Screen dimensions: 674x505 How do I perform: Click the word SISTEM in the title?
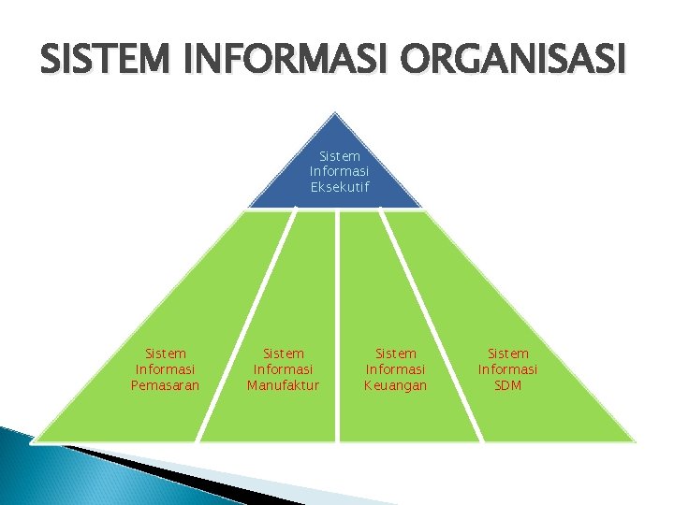coord(98,63)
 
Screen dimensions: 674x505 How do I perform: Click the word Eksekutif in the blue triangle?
coord(339,187)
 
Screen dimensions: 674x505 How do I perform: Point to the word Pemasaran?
coord(166,385)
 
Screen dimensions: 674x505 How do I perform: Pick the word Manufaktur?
coord(284,385)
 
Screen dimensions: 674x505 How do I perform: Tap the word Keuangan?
coord(396,385)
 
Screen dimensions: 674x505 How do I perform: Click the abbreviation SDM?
coord(508,385)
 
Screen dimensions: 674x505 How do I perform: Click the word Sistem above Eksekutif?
coord(339,156)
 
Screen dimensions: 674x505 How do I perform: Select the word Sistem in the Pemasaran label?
coord(166,353)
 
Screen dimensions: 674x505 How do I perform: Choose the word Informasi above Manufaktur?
coord(284,369)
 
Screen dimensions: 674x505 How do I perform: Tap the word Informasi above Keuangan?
coord(396,369)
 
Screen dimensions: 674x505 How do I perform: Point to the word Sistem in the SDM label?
coord(508,353)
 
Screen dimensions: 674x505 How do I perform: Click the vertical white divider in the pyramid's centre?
coord(337,327)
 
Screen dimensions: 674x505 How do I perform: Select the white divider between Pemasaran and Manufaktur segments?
coord(245,327)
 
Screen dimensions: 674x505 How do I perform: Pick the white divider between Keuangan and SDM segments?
coord(433,327)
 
